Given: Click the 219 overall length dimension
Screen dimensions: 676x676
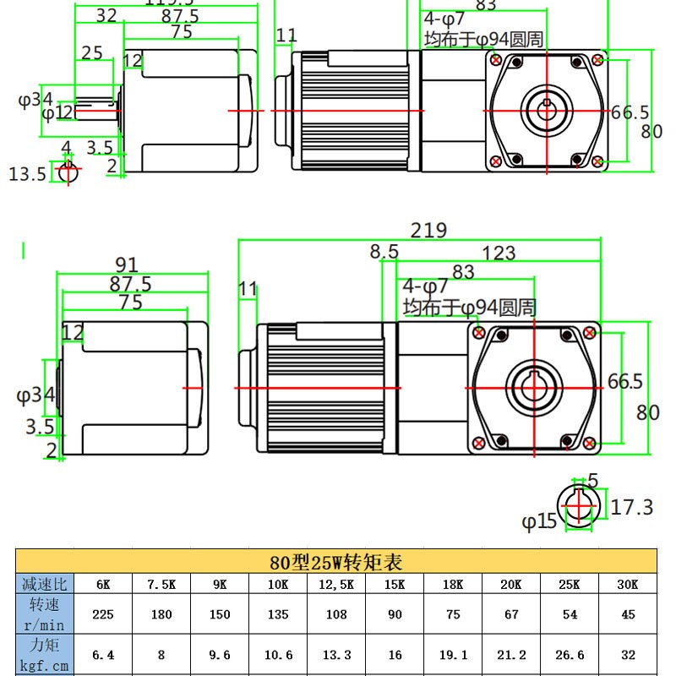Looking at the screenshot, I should click(x=428, y=230).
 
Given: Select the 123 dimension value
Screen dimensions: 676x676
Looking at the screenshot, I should click(x=499, y=252).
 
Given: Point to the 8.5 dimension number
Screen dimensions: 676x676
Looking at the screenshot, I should click(x=384, y=251).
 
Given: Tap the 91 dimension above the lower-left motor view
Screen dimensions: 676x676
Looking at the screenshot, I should click(x=126, y=264).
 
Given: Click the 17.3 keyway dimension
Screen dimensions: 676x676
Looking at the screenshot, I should click(x=631, y=507).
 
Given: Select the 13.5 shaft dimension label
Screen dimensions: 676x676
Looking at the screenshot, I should click(x=27, y=174).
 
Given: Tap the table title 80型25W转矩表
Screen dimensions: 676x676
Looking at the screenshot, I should click(x=335, y=561).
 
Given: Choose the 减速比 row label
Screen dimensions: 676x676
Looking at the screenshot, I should click(x=45, y=584).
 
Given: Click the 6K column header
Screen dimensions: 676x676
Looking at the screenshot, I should click(x=102, y=584).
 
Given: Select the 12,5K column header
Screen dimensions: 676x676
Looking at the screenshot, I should click(x=335, y=584).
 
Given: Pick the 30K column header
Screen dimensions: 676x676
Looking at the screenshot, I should click(x=627, y=584).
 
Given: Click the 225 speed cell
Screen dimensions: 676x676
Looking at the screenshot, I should click(x=102, y=614).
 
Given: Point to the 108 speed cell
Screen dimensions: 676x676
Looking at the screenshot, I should click(x=335, y=614).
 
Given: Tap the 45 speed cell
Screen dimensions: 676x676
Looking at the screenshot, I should click(x=627, y=614).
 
